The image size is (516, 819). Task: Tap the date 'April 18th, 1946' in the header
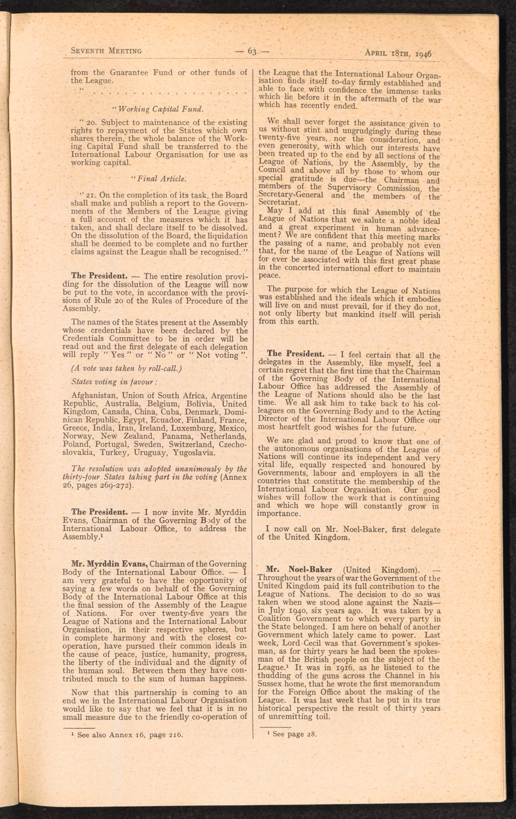pyautogui.click(x=398, y=52)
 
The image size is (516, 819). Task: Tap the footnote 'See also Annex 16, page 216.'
pyautogui.click(x=130, y=735)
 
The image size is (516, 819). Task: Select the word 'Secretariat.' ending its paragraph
pyautogui.click(x=279, y=203)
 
